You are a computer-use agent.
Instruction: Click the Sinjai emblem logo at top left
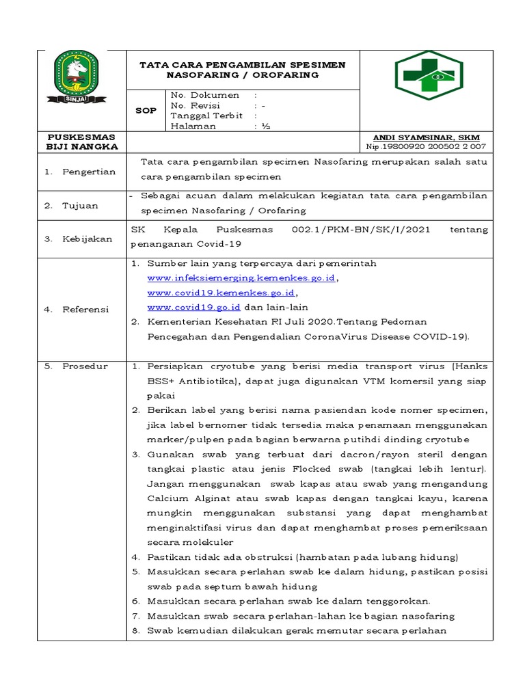click(81, 75)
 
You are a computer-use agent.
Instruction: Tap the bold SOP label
click(146, 110)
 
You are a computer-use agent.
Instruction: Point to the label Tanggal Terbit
click(207, 116)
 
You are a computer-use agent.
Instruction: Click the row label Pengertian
click(89, 172)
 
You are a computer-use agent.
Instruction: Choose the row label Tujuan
click(81, 205)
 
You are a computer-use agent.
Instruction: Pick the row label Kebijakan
click(87, 239)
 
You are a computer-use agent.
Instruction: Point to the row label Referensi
click(85, 309)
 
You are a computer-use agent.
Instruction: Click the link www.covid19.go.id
click(193, 308)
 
